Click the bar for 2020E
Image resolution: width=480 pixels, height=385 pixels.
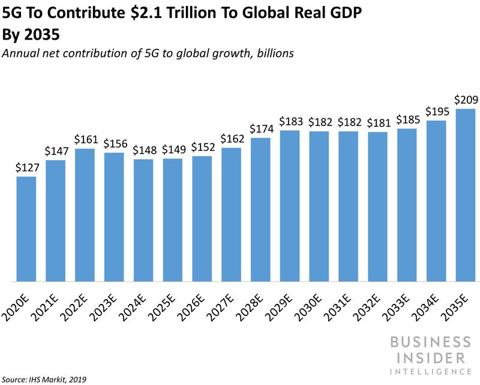point(26,228)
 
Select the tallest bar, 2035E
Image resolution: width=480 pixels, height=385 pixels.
point(466,195)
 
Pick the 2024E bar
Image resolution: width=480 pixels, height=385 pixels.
point(143,220)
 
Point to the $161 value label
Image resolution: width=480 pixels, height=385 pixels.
point(85,140)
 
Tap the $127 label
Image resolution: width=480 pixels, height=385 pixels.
point(26,168)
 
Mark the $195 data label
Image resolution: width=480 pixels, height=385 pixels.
point(436,112)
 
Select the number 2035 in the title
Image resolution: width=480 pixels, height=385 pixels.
point(47,35)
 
